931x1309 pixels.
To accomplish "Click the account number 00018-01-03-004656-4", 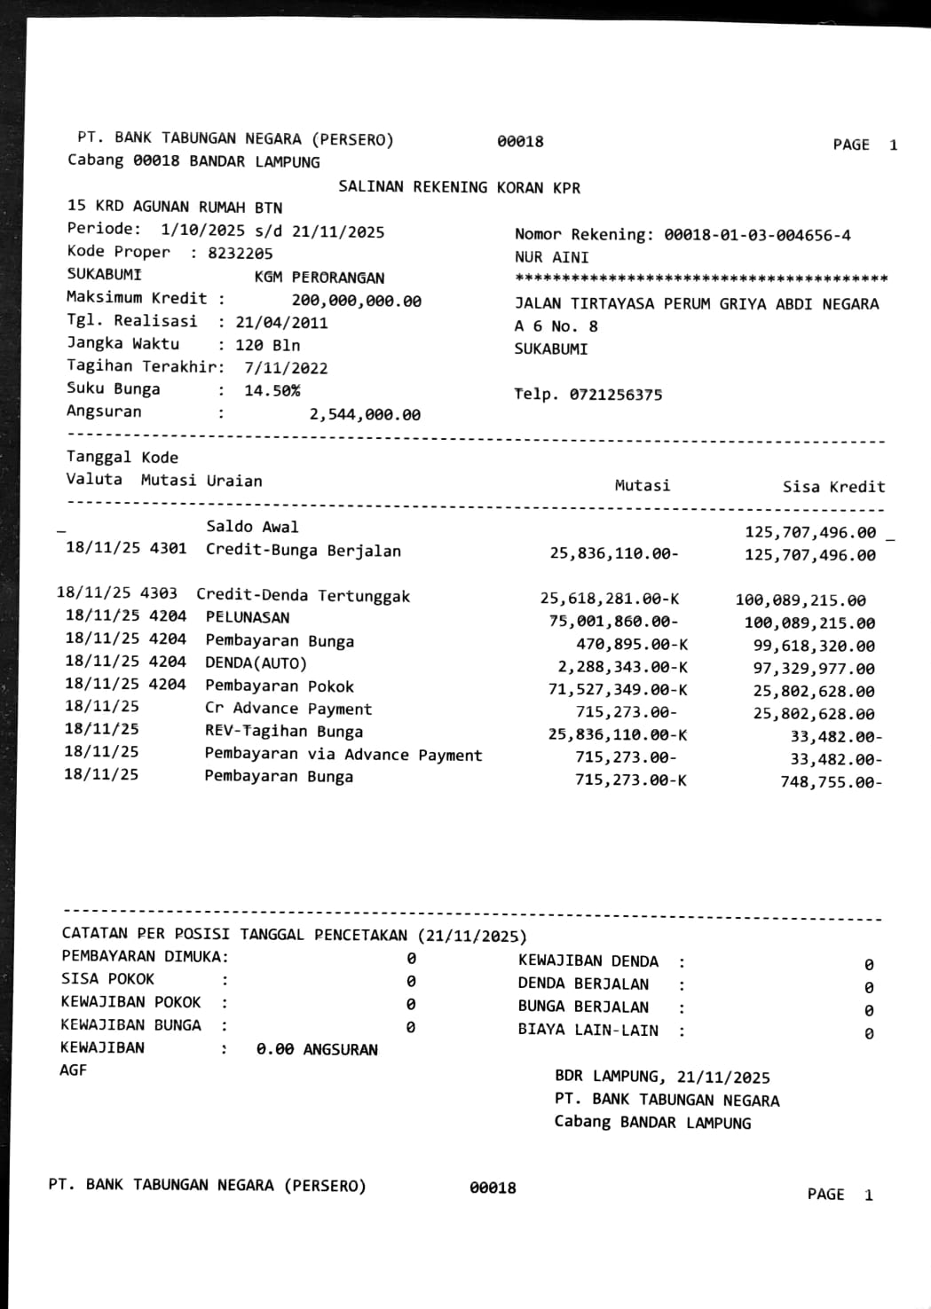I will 757,235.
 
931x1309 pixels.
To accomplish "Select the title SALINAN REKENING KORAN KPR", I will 459,187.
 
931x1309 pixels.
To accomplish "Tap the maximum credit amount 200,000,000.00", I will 356,302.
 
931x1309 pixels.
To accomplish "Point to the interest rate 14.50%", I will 272,390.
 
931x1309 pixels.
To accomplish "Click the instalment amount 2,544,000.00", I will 365,414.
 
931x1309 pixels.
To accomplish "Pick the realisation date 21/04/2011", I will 281,323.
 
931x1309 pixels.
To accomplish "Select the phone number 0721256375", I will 615,395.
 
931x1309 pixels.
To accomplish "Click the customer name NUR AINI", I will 551,257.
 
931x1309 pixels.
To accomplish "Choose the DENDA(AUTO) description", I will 256,663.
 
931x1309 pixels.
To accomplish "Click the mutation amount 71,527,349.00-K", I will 617,690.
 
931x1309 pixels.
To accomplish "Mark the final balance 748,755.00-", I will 831,782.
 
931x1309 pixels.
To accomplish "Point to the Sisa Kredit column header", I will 833,486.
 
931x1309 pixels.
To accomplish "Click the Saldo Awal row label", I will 252,527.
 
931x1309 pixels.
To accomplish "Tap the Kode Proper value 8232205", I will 241,254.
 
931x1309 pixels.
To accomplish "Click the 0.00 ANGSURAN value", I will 317,1049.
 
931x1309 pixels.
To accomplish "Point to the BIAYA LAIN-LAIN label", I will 588,1030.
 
